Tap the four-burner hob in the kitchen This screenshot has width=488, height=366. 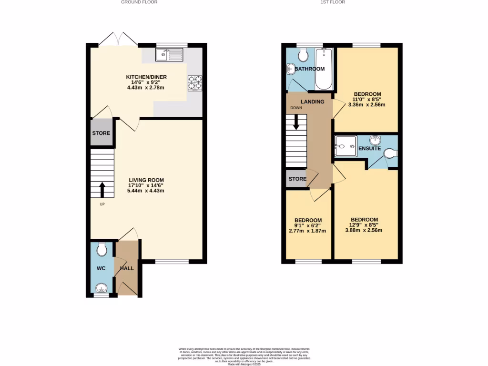pyautogui.click(x=195, y=83)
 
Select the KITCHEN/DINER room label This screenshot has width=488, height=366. pyautogui.click(x=146, y=77)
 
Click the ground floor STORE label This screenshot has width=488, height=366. pyautogui.click(x=101, y=133)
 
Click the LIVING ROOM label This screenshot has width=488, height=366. pyautogui.click(x=146, y=180)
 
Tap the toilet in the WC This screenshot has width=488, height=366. pyautogui.click(x=102, y=249)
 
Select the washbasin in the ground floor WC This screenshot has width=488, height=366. pyautogui.click(x=102, y=288)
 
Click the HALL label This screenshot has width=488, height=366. pyautogui.click(x=127, y=268)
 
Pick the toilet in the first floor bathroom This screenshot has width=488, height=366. pyautogui.click(x=302, y=55)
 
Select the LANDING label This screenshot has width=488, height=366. pyautogui.click(x=312, y=102)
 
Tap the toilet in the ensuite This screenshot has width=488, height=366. pyautogui.click(x=390, y=153)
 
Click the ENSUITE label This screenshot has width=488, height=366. pyautogui.click(x=369, y=149)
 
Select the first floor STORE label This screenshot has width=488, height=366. pyautogui.click(x=297, y=179)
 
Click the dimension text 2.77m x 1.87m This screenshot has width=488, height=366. pyautogui.click(x=307, y=231)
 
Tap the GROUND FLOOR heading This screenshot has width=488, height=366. pyautogui.click(x=139, y=2)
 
